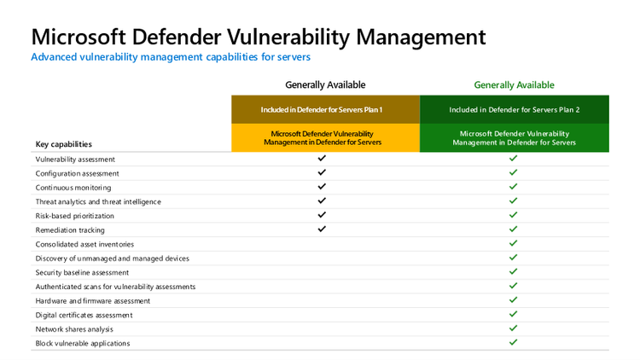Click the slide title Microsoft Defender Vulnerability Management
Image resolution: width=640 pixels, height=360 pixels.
coord(258,37)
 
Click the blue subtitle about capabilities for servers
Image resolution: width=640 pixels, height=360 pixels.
coord(170,57)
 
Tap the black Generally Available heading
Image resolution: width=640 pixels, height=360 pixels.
coord(325,84)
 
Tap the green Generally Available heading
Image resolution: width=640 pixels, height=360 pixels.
coord(514,84)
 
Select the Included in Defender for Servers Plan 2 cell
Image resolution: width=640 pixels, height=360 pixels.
coord(514,110)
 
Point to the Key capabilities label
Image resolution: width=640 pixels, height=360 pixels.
coord(63,144)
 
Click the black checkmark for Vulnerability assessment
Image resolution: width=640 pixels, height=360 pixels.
coord(322,159)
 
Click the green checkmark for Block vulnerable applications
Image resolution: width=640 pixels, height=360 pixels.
coord(514,343)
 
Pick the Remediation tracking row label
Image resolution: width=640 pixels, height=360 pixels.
coord(70,229)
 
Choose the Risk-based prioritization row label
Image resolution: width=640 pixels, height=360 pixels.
coord(74,216)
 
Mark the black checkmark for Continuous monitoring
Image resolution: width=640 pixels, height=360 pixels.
coord(322,187)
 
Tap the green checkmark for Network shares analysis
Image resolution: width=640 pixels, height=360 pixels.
coord(514,328)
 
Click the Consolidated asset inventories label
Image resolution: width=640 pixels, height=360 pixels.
coord(84,244)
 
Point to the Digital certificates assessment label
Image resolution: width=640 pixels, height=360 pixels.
coord(84,315)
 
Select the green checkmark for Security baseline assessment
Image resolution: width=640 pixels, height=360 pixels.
coord(514,272)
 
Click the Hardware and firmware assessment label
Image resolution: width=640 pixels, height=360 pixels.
coord(92,300)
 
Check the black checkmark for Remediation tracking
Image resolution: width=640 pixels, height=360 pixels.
coord(322,229)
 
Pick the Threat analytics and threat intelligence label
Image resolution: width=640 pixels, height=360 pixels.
coord(98,201)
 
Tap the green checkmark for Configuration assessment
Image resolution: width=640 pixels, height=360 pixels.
coord(514,173)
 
